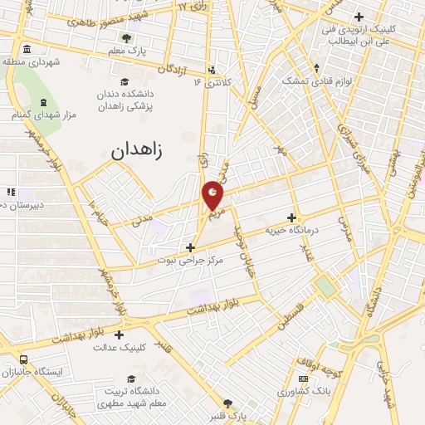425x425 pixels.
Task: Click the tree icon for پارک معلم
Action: click(126, 37)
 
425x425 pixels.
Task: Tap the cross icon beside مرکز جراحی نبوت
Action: click(191, 247)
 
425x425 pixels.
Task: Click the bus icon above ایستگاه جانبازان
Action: click(22, 359)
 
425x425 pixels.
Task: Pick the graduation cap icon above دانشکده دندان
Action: click(124, 81)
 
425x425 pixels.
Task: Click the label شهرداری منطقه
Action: click(32, 61)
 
